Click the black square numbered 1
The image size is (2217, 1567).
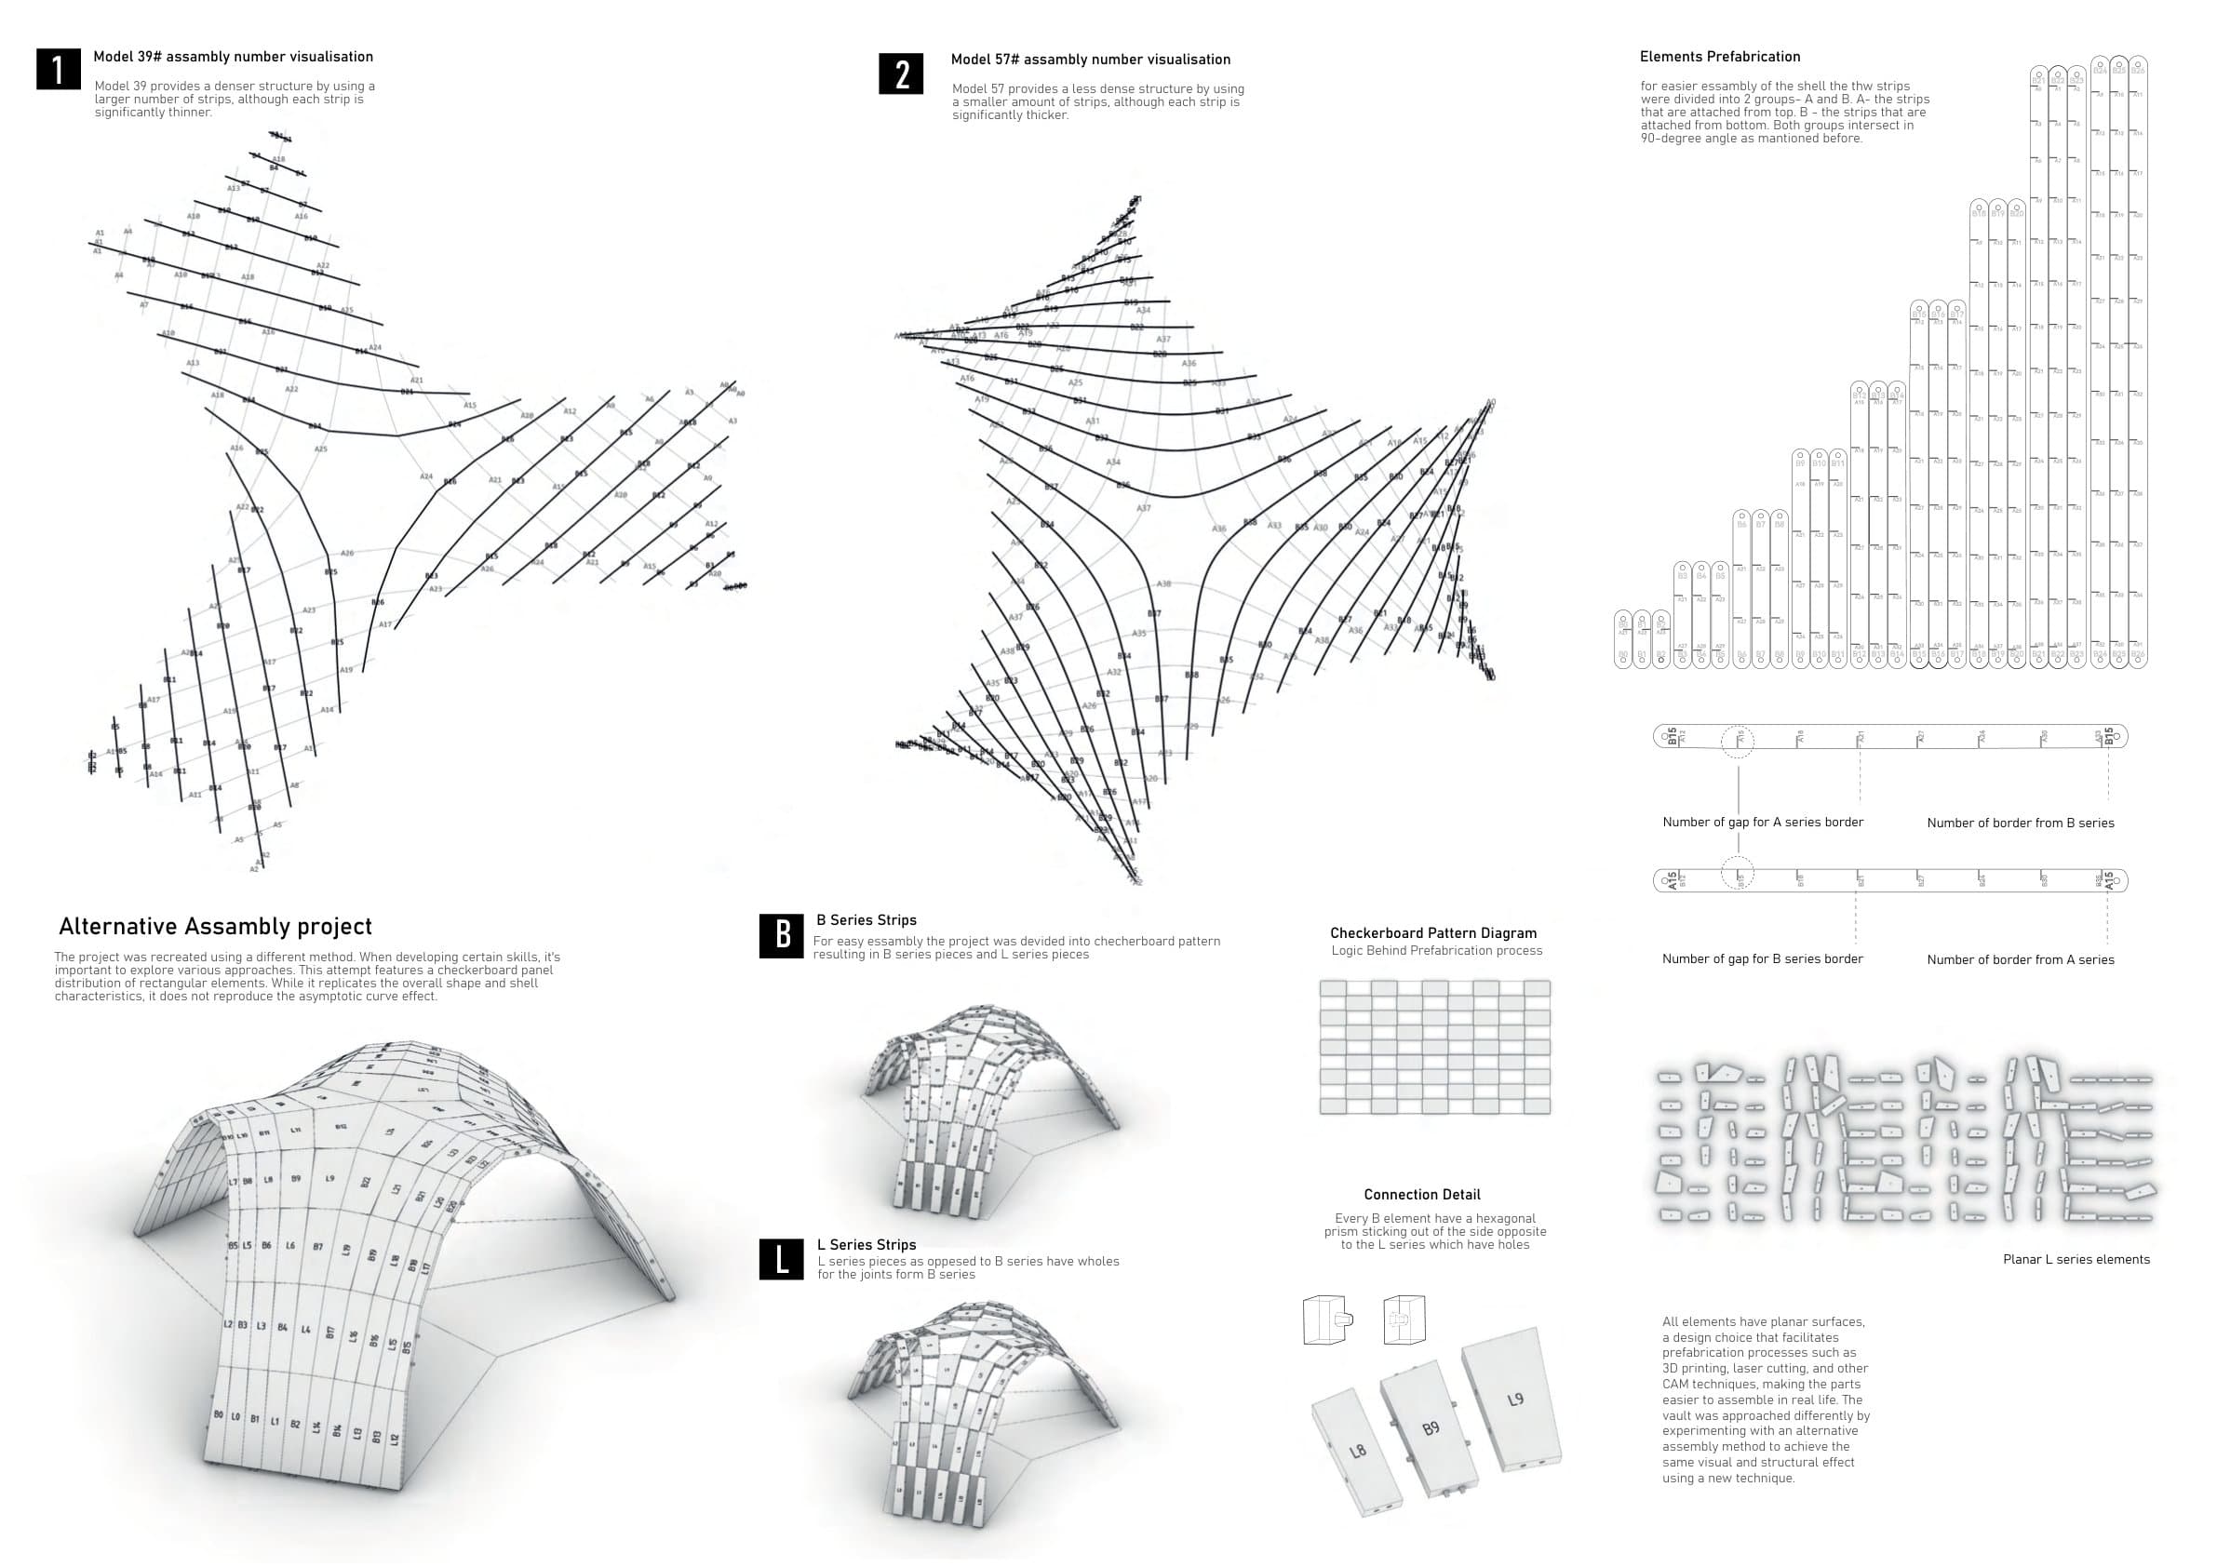[x=58, y=69]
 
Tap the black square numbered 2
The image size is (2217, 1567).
[x=902, y=74]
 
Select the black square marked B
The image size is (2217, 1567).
[x=781, y=935]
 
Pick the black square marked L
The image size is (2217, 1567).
[x=781, y=1259]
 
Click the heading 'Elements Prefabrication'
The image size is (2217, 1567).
[x=1720, y=57]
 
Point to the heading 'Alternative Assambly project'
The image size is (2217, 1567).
[x=215, y=927]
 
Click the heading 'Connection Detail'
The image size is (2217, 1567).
[x=1421, y=1194]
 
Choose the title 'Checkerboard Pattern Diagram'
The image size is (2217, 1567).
[x=1433, y=932]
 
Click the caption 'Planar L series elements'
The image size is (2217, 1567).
[x=2076, y=1259]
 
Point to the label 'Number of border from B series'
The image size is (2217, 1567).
[x=2020, y=823]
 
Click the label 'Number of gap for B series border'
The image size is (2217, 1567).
[x=1762, y=958]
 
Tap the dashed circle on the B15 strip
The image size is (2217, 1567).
[x=1738, y=739]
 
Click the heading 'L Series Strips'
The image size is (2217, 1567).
[x=867, y=1244]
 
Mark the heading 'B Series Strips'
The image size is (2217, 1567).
[x=867, y=920]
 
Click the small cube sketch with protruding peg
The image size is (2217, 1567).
[x=1326, y=1319]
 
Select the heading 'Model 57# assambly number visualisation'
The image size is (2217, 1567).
[x=1090, y=60]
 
